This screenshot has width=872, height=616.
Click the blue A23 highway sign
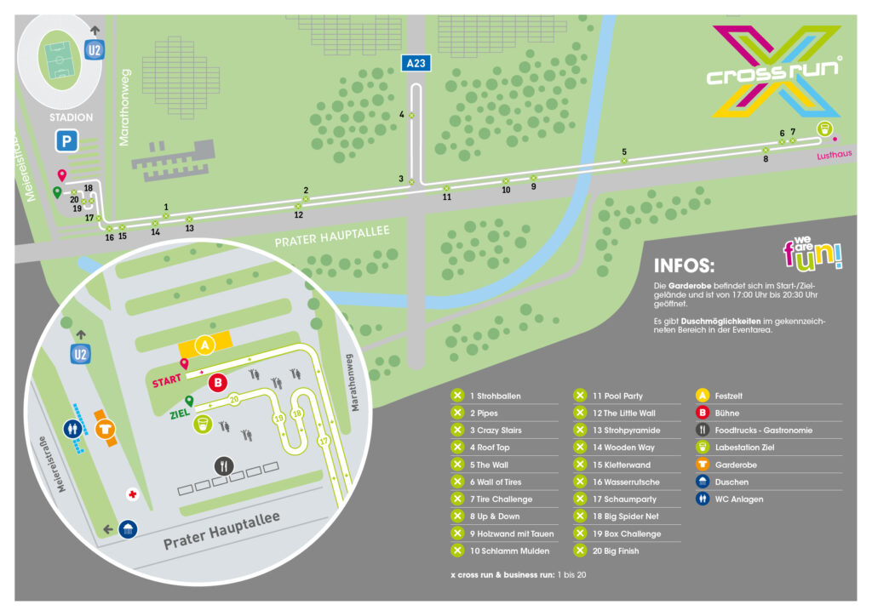416,63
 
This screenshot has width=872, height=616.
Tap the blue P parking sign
66,140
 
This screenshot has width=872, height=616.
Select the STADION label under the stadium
72,117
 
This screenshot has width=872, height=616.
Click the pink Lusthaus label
834,155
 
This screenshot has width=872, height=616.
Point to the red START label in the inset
166,380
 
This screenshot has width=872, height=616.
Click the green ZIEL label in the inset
180,414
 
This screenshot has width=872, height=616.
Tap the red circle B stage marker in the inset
218,382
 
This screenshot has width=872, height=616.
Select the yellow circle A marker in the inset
204,345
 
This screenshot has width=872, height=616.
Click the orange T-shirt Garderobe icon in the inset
105,429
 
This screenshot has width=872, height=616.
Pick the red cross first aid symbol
132,493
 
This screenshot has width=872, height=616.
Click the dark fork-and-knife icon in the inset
224,465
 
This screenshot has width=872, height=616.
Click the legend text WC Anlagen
738,499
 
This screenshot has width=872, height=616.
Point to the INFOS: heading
684,265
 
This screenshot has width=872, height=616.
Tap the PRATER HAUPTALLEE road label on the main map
332,237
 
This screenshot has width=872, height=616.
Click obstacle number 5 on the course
624,151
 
